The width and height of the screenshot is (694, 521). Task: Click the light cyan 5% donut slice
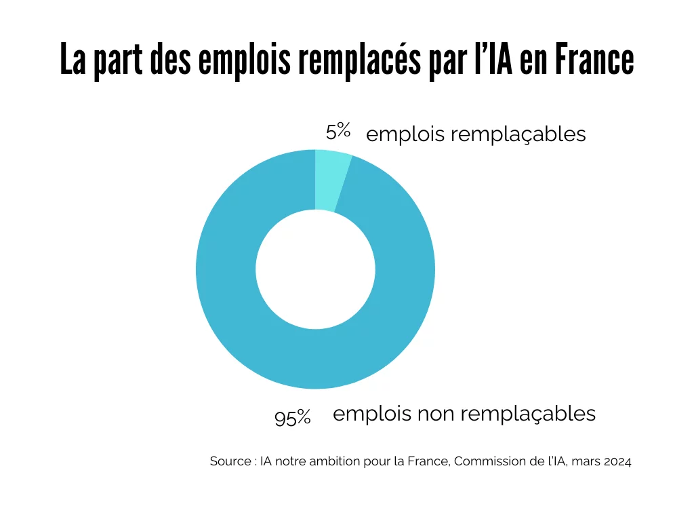click(x=331, y=180)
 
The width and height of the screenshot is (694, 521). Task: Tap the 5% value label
click(x=338, y=130)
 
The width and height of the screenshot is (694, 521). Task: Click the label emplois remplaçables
click(x=476, y=134)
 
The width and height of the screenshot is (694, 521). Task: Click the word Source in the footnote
click(x=230, y=461)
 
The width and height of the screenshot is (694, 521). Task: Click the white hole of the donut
click(x=316, y=269)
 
